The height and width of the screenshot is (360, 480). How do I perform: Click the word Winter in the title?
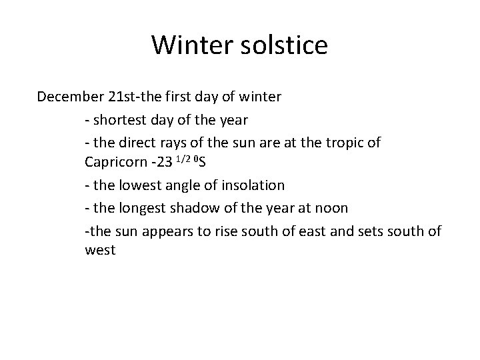tap(189, 45)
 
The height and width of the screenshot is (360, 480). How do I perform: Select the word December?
tap(69, 97)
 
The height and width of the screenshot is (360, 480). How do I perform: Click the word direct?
tap(137, 141)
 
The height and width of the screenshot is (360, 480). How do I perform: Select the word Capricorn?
tap(114, 163)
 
